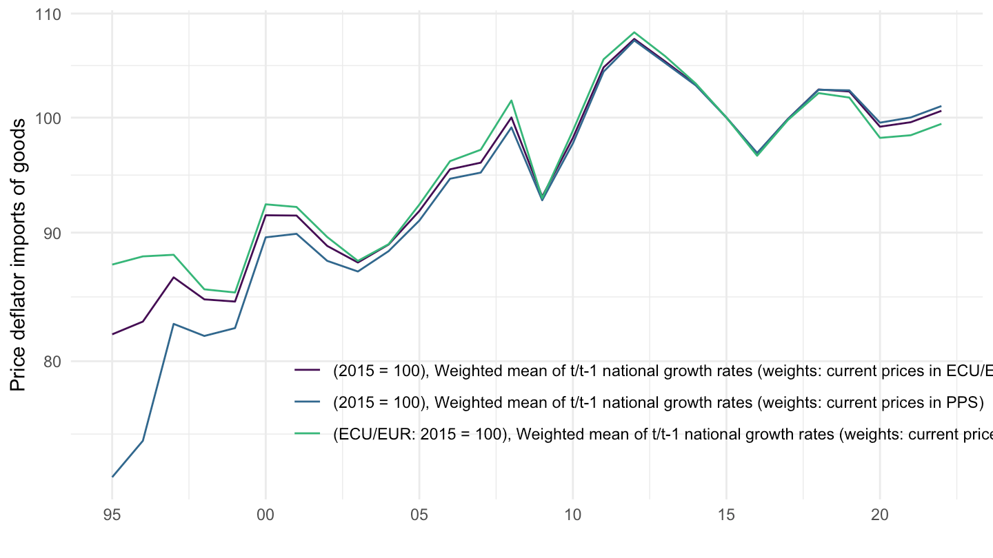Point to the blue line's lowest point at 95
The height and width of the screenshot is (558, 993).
click(112, 477)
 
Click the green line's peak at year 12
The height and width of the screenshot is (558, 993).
click(634, 32)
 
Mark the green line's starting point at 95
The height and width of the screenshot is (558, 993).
click(112, 265)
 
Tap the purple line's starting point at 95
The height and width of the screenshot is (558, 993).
click(112, 334)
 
